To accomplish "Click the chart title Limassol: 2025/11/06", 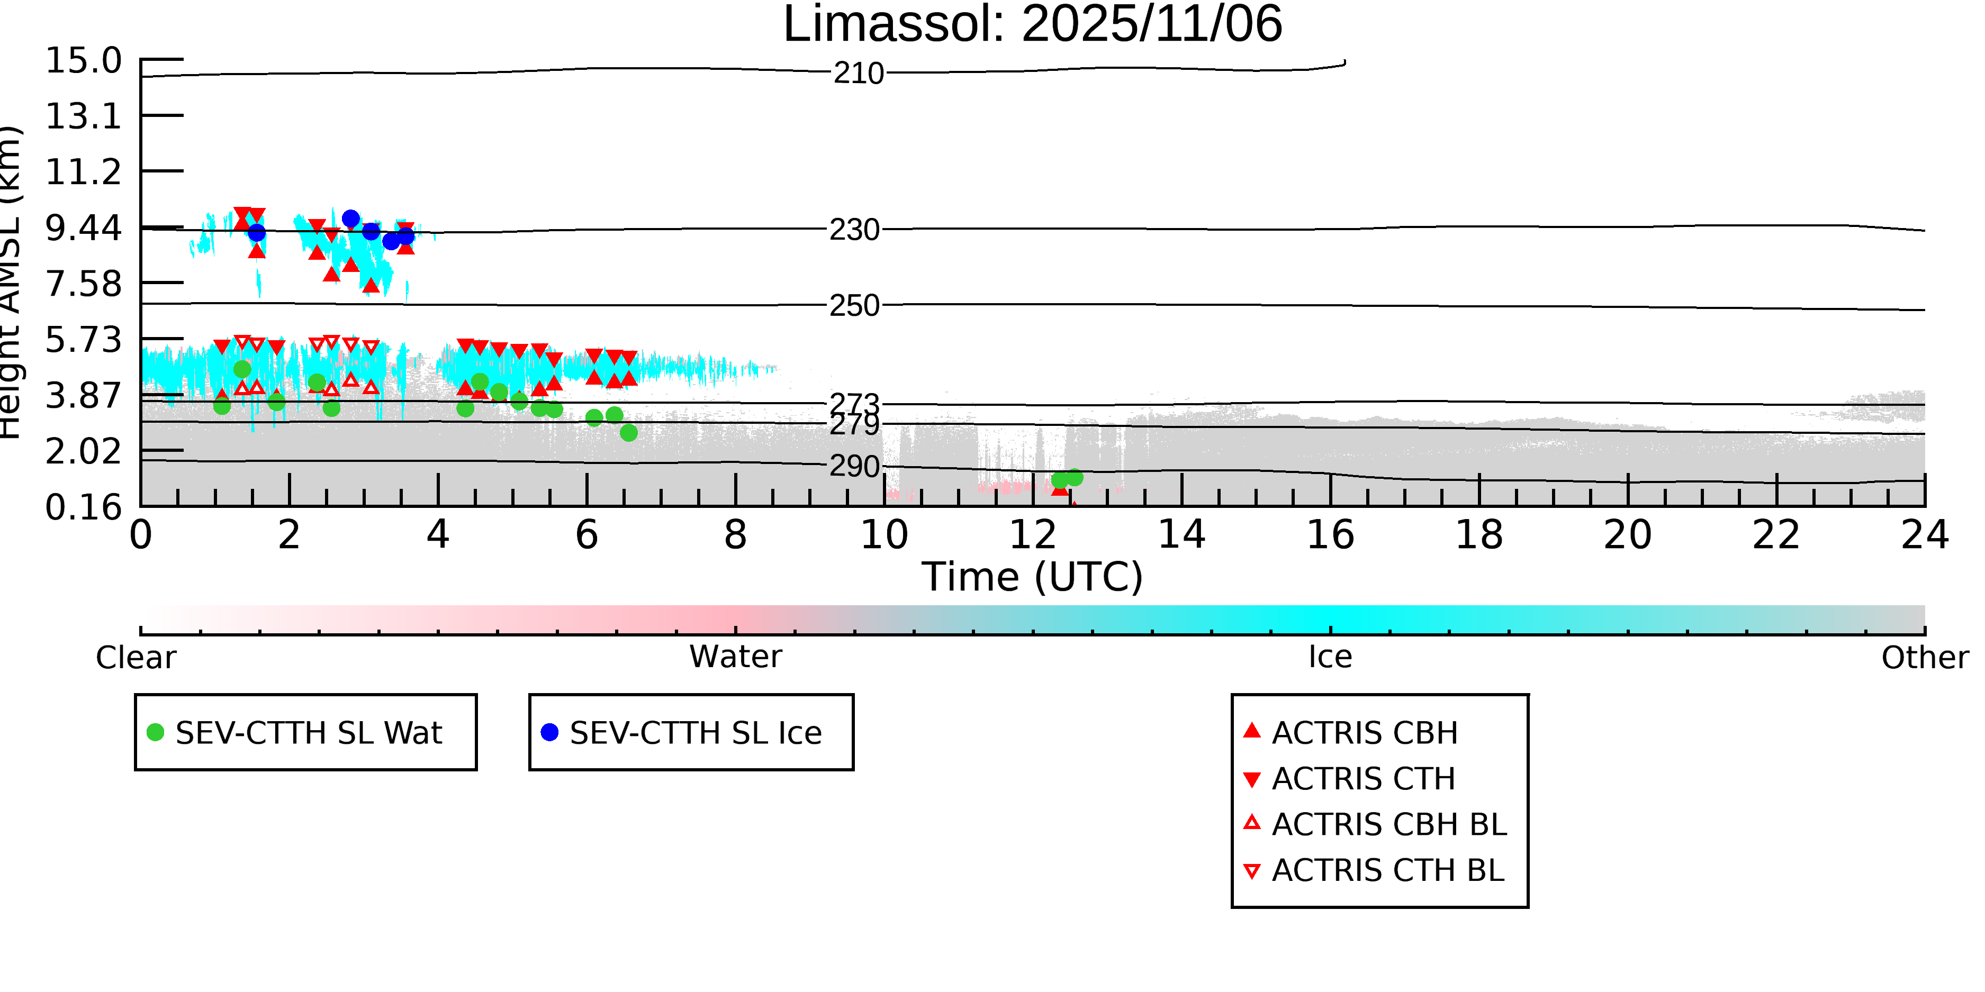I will pos(1033,25).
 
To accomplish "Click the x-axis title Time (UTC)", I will pos(1033,577).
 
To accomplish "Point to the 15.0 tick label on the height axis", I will pos(83,61).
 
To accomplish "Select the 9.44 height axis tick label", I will pos(83,228).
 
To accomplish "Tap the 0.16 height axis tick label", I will pos(83,507).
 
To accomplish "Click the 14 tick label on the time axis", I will pos(1181,535).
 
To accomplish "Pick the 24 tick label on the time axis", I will pos(1925,535).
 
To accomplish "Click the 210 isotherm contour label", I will pos(859,74).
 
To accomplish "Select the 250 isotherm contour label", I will pos(854,306).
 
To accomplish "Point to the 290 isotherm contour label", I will pos(854,467).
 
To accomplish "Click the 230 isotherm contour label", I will pos(854,230).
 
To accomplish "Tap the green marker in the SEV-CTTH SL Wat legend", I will pos(156,732).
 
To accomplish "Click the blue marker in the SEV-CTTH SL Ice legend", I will pos(549,732).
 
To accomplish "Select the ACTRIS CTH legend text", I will pos(1363,779).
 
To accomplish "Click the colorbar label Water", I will pos(736,657).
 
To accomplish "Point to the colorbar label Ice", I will pos(1330,657).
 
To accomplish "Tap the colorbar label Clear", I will pos(136,658).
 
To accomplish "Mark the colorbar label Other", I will pos(1925,658).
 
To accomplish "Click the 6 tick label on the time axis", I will pos(587,535).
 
